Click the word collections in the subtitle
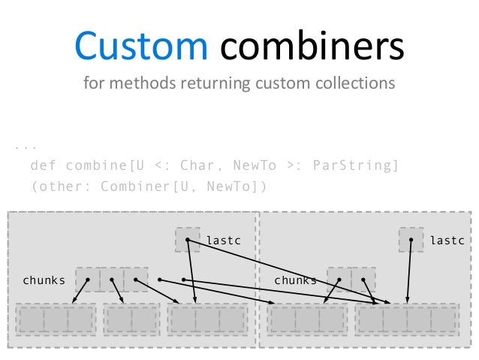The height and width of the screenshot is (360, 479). click(352, 83)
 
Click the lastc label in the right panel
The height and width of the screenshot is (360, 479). click(447, 241)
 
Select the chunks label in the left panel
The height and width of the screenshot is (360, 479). click(44, 280)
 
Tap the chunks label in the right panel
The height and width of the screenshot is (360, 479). click(295, 280)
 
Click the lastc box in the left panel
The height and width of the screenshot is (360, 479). click(188, 240)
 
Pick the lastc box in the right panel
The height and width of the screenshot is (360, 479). click(411, 240)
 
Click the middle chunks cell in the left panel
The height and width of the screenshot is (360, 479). click(112, 280)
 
